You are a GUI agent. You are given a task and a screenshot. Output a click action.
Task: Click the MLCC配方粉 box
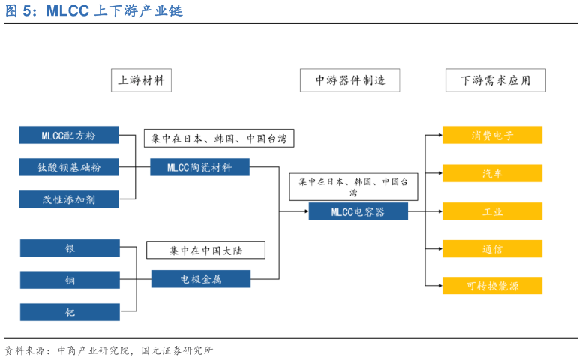click(x=69, y=135)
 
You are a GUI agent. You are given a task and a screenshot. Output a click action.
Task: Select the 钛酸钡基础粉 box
click(x=69, y=167)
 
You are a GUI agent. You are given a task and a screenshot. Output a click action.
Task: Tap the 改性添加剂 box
click(x=69, y=199)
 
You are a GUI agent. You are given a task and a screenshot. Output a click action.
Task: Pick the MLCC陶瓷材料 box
click(x=200, y=167)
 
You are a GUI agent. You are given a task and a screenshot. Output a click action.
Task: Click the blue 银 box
click(x=70, y=248)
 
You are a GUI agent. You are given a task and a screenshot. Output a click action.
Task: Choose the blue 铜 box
click(x=70, y=280)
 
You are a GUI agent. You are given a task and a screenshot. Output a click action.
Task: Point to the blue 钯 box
click(x=70, y=312)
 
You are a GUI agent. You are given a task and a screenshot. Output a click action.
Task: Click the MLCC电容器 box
click(x=358, y=211)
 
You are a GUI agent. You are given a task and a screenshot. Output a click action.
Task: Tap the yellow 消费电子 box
click(x=492, y=135)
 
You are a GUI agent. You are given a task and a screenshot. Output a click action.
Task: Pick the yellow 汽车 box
click(x=492, y=173)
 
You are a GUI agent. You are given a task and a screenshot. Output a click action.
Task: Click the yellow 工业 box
click(x=492, y=211)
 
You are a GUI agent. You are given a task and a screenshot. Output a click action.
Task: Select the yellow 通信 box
click(x=492, y=248)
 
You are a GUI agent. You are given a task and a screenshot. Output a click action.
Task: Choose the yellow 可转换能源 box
click(x=492, y=286)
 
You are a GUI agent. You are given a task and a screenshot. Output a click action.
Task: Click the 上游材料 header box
click(x=141, y=80)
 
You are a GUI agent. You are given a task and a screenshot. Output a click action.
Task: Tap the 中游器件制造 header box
click(x=349, y=80)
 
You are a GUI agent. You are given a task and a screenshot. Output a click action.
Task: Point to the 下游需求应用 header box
click(x=495, y=80)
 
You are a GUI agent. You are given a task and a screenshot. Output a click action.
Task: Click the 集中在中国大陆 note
click(x=205, y=250)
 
